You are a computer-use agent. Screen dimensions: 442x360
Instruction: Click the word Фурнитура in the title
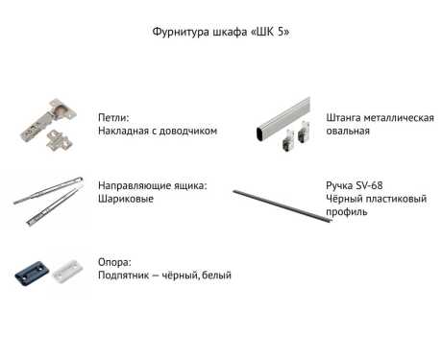(177, 33)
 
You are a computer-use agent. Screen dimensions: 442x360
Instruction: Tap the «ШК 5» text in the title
(269, 32)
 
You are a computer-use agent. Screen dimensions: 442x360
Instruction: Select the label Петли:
(113, 117)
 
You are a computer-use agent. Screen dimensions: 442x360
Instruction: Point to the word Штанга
(343, 118)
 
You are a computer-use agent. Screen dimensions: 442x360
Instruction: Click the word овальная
(348, 131)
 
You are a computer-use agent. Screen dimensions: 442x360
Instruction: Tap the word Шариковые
(126, 199)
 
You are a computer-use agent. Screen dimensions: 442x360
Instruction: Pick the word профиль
(347, 212)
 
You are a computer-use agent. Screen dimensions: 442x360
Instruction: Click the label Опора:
(114, 262)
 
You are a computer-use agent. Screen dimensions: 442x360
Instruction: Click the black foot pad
(32, 273)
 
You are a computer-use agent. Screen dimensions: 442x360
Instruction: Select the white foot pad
(67, 271)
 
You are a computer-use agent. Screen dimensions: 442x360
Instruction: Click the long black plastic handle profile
(282, 206)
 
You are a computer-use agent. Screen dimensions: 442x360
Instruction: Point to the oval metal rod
(283, 118)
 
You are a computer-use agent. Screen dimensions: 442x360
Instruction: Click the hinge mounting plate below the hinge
(59, 139)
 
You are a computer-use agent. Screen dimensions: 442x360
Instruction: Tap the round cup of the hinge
(60, 110)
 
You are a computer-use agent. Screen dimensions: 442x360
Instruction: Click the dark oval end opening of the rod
(260, 133)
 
